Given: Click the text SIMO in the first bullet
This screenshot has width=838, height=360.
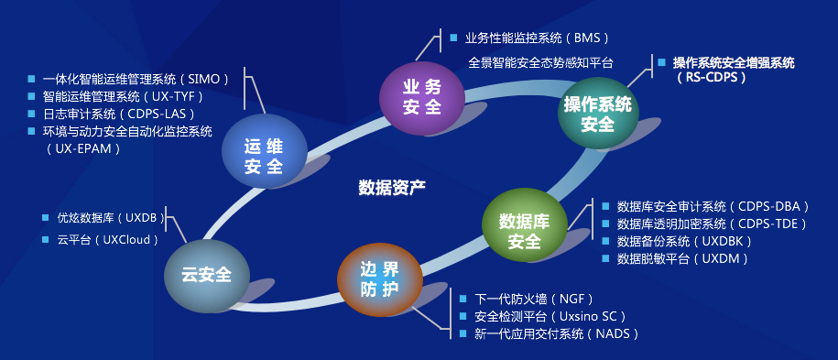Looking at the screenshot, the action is coord(203,79).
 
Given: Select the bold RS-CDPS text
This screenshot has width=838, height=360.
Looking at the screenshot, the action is coord(711,77).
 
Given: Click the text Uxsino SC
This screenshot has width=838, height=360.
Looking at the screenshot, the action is coord(588,317).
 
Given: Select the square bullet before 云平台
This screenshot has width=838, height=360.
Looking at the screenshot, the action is coord(46,240).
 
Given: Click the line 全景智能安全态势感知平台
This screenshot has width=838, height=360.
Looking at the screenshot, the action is coord(539,62).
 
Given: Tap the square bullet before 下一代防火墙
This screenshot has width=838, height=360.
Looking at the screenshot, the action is coord(463,299).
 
